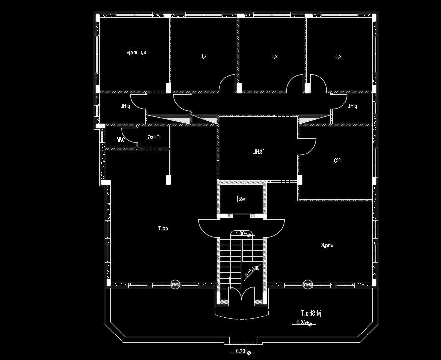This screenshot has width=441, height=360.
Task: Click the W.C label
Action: pyautogui.click(x=121, y=140)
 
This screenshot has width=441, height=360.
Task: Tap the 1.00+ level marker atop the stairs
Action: pyautogui.click(x=242, y=233)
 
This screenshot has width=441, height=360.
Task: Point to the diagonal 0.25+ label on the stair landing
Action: pyautogui.click(x=250, y=271)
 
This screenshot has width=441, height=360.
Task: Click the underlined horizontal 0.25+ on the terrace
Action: pyautogui.click(x=302, y=323)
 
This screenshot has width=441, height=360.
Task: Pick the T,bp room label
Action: pyautogui.click(x=163, y=228)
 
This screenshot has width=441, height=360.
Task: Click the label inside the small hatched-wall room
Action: pyautogui.click(x=243, y=199)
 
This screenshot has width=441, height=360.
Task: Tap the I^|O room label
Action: pyautogui.click(x=338, y=160)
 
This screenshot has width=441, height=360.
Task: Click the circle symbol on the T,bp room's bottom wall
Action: pyautogui.click(x=175, y=284)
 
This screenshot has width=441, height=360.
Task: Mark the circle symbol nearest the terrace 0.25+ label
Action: pyautogui.click(x=308, y=284)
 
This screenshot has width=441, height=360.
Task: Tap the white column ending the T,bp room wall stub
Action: pyautogui.click(x=168, y=180)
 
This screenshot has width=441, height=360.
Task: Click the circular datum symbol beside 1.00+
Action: pyautogui.click(x=249, y=236)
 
